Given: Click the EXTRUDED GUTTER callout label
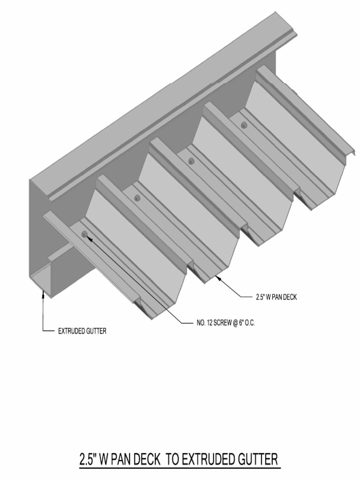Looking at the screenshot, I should [82, 331].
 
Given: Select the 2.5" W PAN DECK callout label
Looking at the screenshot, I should [277, 297].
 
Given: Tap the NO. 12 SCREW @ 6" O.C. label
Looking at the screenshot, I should [225, 323].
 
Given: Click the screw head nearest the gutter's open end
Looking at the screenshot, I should [84, 234].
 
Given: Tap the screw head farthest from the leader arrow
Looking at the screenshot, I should [244, 125].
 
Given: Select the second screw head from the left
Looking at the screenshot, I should [137, 198].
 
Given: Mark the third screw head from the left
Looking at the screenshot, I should [191, 161].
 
